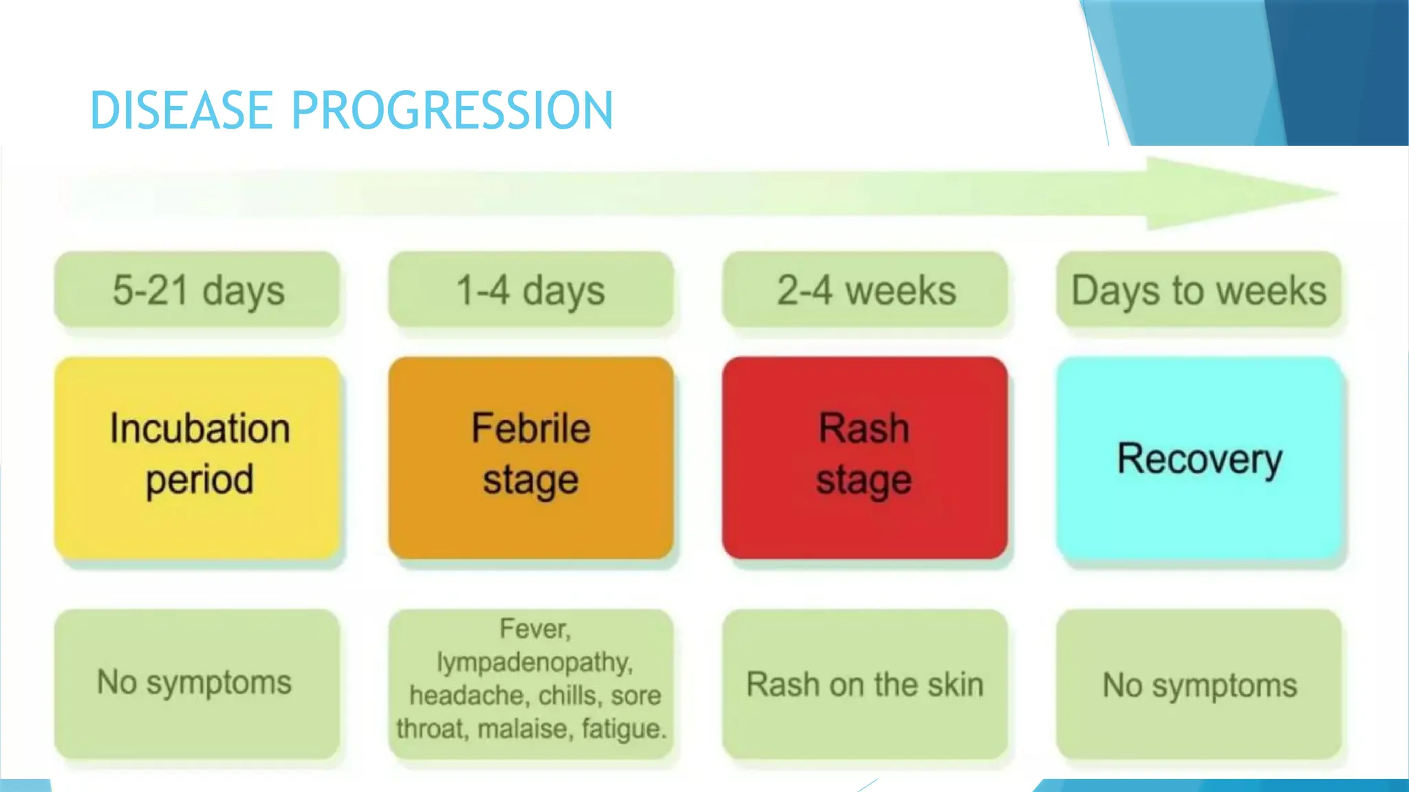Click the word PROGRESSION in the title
pos(451,111)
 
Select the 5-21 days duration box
pos(197,290)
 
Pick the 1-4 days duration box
pos(530,290)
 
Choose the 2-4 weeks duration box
pos(865,290)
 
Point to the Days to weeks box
pos(1198,290)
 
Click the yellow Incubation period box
pos(197,457)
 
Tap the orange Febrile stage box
pos(530,457)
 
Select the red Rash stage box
pos(865,457)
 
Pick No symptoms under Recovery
pos(1199,685)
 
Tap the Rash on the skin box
pos(865,685)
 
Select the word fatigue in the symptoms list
pos(623,729)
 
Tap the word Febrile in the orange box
pos(530,428)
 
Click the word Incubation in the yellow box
pos(200,428)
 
